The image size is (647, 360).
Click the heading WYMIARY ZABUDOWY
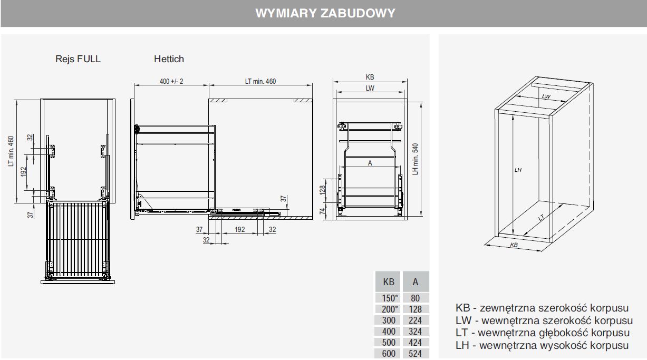pos(325,13)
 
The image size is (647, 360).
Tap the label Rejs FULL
pos(78,59)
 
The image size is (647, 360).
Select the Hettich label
pos(169,59)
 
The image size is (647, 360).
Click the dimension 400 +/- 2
pos(171,81)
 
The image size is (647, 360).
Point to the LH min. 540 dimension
pos(415,159)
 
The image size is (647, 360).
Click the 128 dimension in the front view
pos(322,190)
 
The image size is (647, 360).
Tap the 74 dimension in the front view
pos(322,211)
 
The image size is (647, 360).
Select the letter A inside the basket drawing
pos(370,163)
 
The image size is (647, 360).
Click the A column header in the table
pos(415,282)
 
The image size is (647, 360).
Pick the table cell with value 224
pos(415,320)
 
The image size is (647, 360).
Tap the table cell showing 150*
pos(389,298)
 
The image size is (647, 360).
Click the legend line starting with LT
pos(543,333)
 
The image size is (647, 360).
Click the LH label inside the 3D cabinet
pos(518,170)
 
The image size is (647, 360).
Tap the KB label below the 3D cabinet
pos(514,246)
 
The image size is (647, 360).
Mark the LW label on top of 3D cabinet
pos(546,96)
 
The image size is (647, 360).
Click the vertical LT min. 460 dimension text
pos(11,151)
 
